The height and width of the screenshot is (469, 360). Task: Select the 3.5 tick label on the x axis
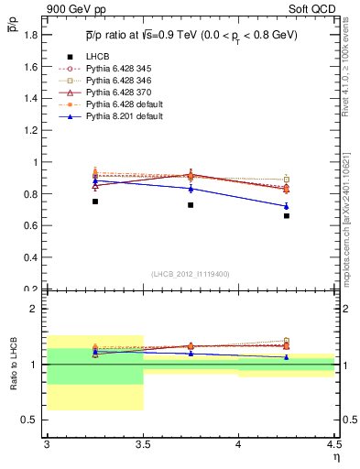point(143,445)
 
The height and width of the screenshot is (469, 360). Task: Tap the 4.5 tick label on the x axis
point(333,445)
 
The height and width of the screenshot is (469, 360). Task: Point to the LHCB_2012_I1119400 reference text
point(191,274)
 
